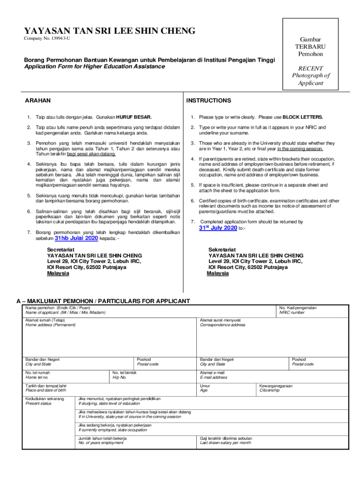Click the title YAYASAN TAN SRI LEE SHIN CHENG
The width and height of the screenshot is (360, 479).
tap(110, 31)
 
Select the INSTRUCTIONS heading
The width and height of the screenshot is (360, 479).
tap(209, 101)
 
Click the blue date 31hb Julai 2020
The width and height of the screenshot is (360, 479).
tap(77, 238)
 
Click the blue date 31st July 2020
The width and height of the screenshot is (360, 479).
tap(218, 228)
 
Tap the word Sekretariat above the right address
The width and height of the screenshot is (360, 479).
tap(223, 250)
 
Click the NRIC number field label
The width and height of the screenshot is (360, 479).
tap(292, 312)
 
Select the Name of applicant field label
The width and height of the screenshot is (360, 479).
tap(65, 312)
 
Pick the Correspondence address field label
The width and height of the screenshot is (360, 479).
tap(223, 325)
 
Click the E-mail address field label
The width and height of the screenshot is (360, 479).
tap(214, 377)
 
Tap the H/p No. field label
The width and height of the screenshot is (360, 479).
tap(119, 377)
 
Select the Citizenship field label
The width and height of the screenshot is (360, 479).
tap(269, 390)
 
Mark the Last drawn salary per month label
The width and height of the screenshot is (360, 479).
tap(226, 443)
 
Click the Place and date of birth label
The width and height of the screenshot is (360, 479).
tap(46, 390)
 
